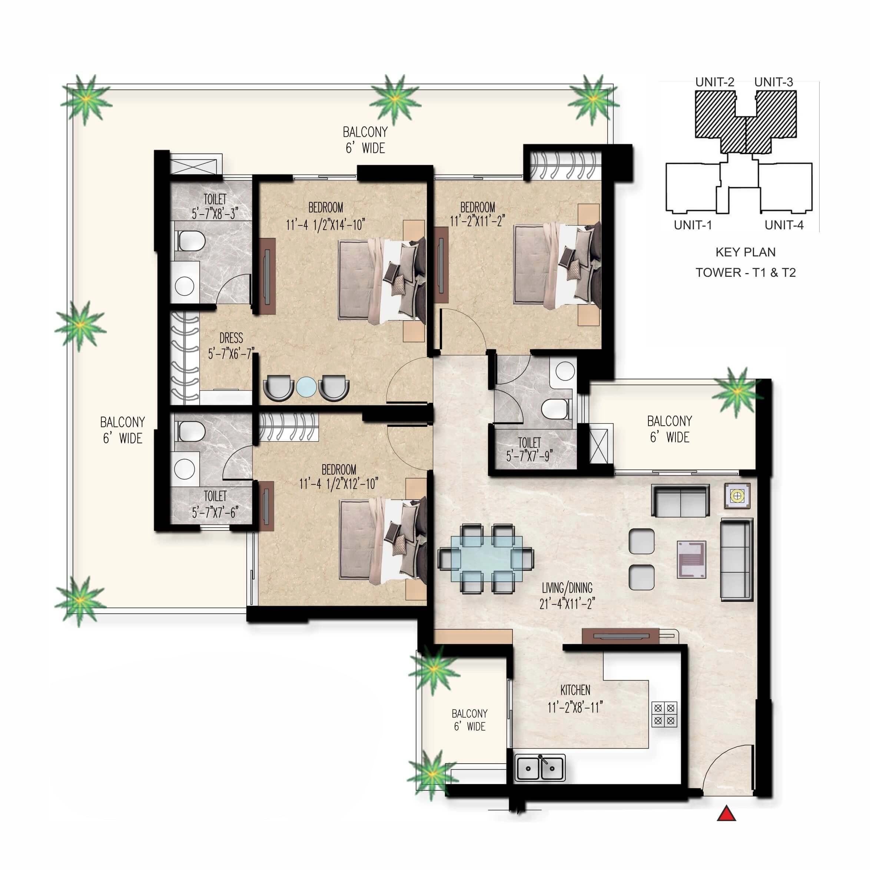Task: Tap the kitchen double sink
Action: tap(539, 768)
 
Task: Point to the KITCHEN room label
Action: tap(575, 690)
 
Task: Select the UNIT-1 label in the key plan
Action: tap(693, 225)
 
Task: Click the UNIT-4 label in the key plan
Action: tap(784, 225)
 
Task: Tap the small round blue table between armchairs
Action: tap(306, 387)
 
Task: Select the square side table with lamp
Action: tap(737, 496)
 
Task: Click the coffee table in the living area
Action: tap(691, 560)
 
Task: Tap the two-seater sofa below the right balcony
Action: tap(680, 500)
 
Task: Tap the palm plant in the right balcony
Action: tap(737, 390)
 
